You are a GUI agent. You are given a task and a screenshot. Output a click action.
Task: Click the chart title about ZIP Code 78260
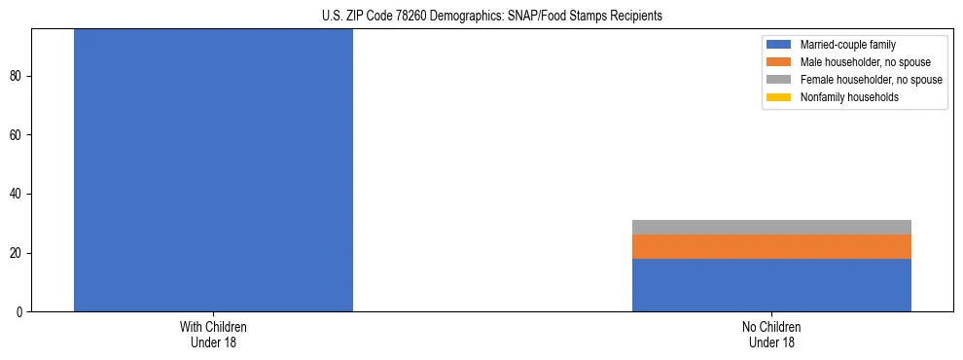[491, 16]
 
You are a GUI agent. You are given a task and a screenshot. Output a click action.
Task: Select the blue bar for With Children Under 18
[213, 170]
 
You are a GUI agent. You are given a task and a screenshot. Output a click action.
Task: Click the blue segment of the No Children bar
[771, 285]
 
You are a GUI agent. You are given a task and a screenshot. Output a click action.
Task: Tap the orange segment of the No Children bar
[771, 246]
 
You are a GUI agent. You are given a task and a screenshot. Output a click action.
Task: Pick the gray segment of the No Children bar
[771, 227]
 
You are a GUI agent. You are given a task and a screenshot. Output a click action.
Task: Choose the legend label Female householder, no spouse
[871, 80]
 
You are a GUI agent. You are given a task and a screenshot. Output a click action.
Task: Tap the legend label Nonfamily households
[849, 97]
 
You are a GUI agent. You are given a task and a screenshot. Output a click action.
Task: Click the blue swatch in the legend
[779, 45]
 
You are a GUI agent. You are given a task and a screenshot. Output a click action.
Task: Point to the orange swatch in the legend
[779, 62]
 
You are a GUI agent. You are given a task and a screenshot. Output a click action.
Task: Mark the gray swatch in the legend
[779, 80]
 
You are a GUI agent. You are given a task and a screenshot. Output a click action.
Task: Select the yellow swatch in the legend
[779, 97]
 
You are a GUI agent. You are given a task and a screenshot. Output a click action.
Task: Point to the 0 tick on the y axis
[19, 312]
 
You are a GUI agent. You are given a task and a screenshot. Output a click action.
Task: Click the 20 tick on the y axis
[17, 253]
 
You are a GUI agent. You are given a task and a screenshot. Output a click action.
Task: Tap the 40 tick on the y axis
[17, 195]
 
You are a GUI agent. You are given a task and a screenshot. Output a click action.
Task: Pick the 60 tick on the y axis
[17, 135]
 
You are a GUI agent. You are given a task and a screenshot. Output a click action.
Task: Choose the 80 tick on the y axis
[17, 76]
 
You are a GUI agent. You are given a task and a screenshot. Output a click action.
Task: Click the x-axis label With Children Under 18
[213, 335]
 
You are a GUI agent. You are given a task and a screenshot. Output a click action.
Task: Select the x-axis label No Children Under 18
[771, 335]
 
